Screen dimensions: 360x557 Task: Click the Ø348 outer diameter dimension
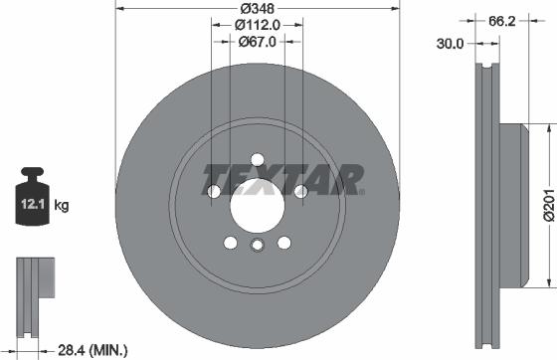pyautogui.click(x=257, y=7)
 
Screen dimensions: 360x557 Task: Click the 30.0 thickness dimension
pyautogui.click(x=453, y=43)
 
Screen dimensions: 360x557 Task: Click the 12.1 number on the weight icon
pyautogui.click(x=28, y=206)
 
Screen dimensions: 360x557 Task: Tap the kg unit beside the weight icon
pyautogui.click(x=62, y=206)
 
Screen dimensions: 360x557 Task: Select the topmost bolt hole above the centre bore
pyautogui.click(x=257, y=159)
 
